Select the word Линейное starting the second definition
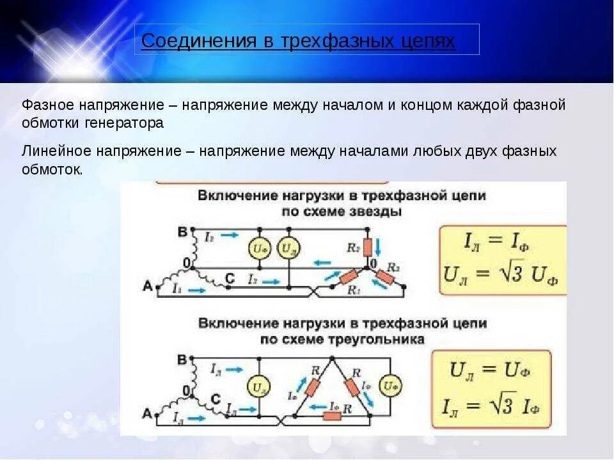tap(57, 151)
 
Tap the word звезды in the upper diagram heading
tap(378, 211)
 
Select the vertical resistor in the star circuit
tap(368, 247)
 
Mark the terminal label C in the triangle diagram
tap(216, 399)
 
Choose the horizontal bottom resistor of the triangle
tap(331, 415)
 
